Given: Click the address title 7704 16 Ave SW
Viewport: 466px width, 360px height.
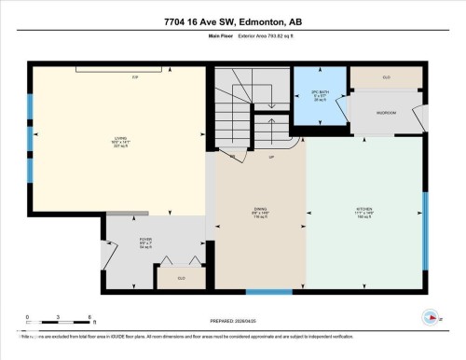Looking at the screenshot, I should (x=233, y=21).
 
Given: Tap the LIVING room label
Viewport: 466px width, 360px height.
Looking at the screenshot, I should (x=119, y=140).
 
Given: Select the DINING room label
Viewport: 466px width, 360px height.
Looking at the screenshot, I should (x=259, y=209).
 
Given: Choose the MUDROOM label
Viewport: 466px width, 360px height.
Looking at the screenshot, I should (x=386, y=113).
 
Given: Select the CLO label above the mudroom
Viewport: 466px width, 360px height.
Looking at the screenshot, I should (x=386, y=77).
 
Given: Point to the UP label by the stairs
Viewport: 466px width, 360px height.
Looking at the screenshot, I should (x=271, y=157).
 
